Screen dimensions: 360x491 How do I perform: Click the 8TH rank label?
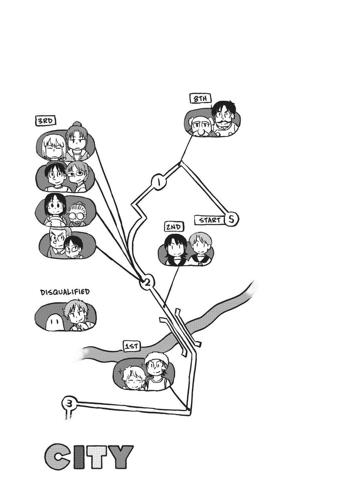[x=201, y=99]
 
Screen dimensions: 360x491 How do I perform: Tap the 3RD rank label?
[x=46, y=121]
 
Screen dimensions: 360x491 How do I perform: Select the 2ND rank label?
[x=174, y=227]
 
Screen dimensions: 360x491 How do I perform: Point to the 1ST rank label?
[x=132, y=347]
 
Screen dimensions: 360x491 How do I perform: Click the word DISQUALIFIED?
[x=65, y=292]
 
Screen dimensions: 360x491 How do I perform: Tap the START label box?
[x=210, y=220]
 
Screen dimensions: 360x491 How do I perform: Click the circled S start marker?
[x=231, y=219]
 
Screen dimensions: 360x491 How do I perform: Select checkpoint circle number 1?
[x=159, y=182]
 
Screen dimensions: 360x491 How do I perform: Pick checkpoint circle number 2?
[x=147, y=283]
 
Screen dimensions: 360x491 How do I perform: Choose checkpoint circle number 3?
[x=70, y=403]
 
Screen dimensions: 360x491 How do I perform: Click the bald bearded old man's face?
[x=200, y=128]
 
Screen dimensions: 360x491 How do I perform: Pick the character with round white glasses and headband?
[x=77, y=214]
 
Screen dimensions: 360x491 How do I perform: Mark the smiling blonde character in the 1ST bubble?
[x=133, y=378]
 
